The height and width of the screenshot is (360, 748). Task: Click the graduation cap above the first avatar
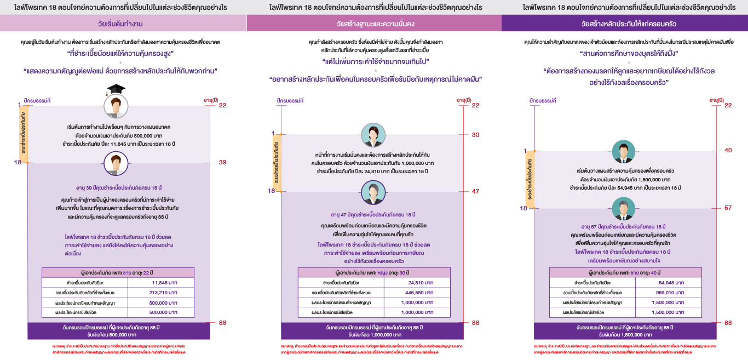(x=116, y=89)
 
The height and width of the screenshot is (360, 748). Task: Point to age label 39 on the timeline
(x=222, y=162)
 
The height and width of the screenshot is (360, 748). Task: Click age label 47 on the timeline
(x=475, y=191)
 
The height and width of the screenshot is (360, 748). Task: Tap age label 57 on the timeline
(x=728, y=208)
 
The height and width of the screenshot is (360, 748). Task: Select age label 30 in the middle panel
(x=475, y=135)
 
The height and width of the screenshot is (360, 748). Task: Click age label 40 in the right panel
(x=728, y=150)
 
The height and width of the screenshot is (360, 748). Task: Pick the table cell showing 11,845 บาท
(x=160, y=283)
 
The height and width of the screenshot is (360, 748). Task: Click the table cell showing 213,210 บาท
(x=160, y=293)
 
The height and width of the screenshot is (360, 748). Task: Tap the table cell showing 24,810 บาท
(x=416, y=283)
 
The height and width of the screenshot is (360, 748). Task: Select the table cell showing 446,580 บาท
(x=416, y=293)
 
